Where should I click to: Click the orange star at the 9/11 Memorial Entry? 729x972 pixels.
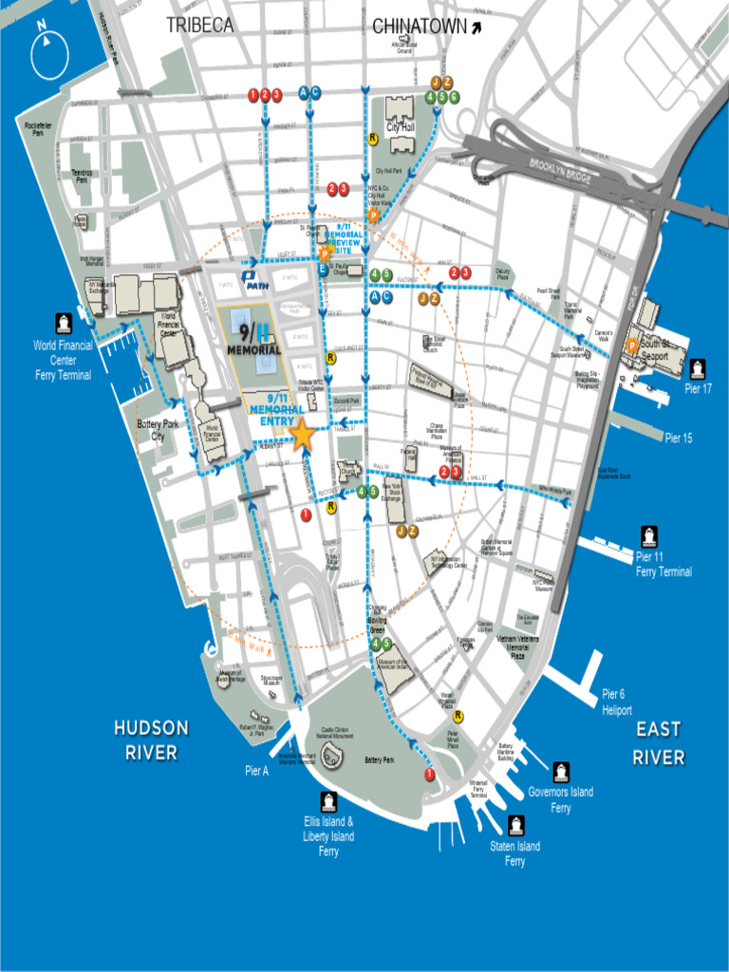click(302, 435)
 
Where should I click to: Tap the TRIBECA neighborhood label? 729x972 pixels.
click(199, 27)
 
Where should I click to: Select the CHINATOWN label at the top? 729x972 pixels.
click(419, 28)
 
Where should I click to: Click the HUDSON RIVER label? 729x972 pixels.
click(151, 740)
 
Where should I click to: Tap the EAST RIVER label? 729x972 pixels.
click(659, 742)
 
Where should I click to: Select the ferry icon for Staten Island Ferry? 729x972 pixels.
click(515, 825)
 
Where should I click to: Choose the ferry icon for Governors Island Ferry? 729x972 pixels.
click(561, 771)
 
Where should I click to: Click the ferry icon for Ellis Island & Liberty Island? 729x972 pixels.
click(328, 801)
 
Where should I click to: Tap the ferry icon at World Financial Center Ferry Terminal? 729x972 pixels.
click(64, 324)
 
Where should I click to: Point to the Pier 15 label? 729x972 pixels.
click(679, 439)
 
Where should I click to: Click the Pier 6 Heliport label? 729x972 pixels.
click(617, 701)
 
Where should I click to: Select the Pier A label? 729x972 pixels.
click(256, 771)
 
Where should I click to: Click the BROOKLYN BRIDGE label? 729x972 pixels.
click(559, 173)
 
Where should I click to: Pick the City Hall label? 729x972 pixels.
click(400, 127)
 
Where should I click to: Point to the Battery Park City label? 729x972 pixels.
click(158, 430)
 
